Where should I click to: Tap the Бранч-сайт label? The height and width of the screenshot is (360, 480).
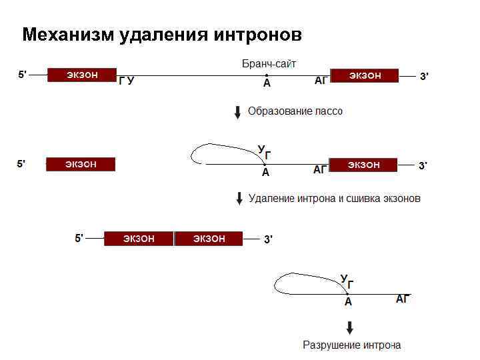click(269, 64)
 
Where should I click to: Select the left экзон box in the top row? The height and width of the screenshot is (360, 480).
click(82, 75)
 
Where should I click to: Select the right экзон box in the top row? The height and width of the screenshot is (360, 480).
click(365, 75)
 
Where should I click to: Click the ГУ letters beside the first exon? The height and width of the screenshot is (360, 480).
click(127, 81)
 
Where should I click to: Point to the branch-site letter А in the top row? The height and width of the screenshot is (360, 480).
click(267, 83)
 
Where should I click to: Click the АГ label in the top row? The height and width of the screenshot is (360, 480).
click(321, 81)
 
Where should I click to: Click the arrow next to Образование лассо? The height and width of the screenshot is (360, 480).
click(237, 111)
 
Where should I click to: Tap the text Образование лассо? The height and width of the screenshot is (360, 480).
click(295, 111)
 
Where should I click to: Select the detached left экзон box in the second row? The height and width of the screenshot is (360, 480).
click(81, 164)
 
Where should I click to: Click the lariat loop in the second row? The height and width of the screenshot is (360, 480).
click(200, 153)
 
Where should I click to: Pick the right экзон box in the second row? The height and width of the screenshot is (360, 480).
click(363, 165)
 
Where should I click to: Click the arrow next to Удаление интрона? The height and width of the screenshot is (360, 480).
click(239, 199)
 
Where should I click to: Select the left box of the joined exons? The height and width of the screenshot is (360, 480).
click(139, 239)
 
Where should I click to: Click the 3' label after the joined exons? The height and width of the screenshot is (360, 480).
click(268, 239)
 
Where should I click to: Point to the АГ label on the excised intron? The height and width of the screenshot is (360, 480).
click(403, 299)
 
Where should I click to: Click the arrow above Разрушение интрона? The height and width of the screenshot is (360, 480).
click(349, 328)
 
